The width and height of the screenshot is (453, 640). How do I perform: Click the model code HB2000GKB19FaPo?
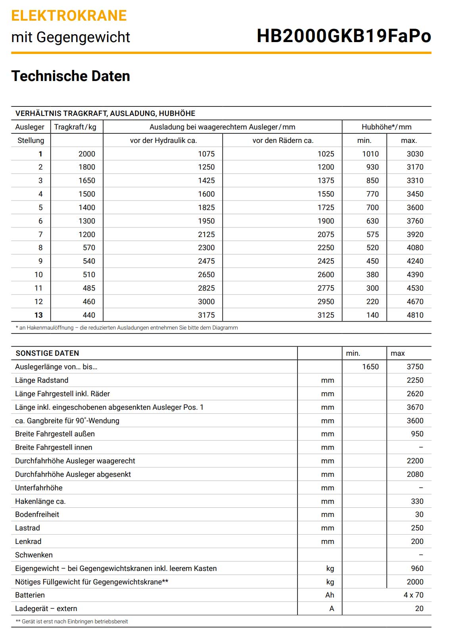click(x=344, y=36)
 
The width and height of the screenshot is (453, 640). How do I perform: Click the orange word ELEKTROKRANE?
click(x=69, y=16)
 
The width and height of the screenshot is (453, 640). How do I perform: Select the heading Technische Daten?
click(x=71, y=76)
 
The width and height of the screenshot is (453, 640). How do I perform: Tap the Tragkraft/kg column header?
click(x=75, y=127)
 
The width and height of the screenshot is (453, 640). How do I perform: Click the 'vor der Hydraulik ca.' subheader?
click(x=163, y=141)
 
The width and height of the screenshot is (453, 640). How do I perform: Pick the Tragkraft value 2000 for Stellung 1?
click(x=87, y=154)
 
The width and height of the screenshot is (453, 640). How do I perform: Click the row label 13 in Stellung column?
click(x=38, y=315)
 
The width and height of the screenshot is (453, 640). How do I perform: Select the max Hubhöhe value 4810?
click(x=415, y=315)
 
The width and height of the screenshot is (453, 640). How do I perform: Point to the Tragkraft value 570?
click(x=89, y=248)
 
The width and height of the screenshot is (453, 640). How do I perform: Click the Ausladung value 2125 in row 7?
click(x=206, y=235)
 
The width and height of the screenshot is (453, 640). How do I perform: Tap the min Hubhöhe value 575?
click(x=372, y=235)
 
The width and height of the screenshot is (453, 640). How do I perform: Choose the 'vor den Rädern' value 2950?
click(x=326, y=302)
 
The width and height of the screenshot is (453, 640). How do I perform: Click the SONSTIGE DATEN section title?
click(x=47, y=353)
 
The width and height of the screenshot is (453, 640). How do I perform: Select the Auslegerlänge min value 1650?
click(x=370, y=367)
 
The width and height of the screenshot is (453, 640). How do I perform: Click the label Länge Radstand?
click(x=42, y=380)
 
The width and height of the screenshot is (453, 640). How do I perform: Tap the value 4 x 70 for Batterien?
click(x=413, y=595)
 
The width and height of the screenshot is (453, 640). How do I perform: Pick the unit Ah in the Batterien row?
click(x=330, y=595)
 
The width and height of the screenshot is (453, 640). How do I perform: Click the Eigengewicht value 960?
click(x=417, y=569)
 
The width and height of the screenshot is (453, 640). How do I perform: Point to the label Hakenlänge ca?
click(x=40, y=501)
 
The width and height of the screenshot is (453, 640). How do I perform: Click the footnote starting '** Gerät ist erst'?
click(x=72, y=622)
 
